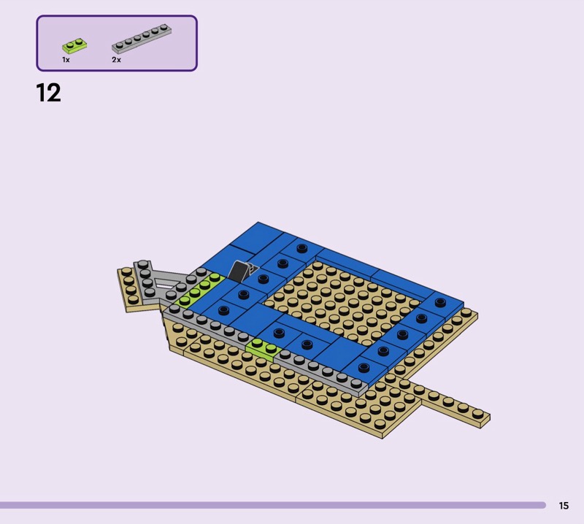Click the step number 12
click(x=48, y=93)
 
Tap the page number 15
click(x=564, y=505)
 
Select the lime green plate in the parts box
click(x=74, y=46)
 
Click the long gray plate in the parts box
click(x=142, y=39)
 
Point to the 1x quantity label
click(x=66, y=60)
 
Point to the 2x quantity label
click(x=116, y=60)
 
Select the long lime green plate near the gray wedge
click(x=200, y=290)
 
